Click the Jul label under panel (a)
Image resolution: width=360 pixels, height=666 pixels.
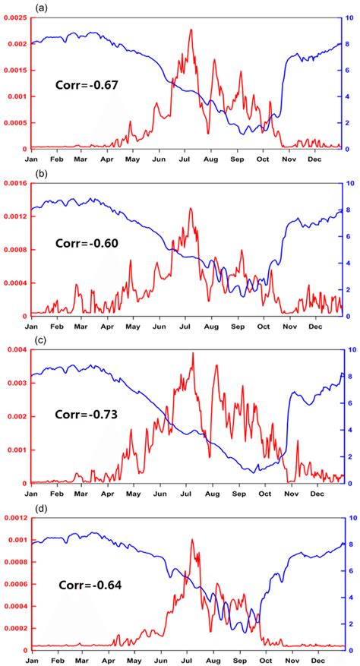(185, 160)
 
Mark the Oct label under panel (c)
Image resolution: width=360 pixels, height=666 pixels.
(263, 494)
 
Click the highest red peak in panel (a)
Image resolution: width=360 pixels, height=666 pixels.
(191, 30)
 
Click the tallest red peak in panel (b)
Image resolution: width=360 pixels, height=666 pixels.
(191, 207)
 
